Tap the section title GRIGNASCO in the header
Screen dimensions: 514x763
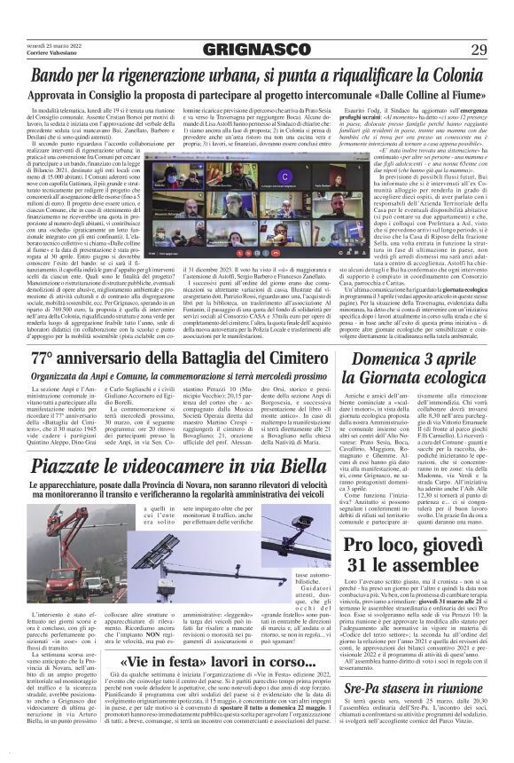tap(257, 50)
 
